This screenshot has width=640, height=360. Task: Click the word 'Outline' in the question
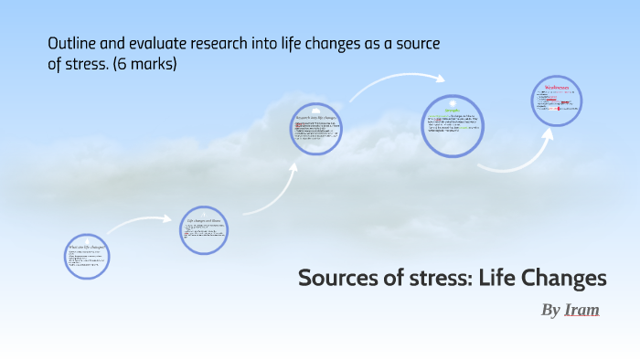coord(69,44)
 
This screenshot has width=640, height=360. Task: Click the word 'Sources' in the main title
coord(336,279)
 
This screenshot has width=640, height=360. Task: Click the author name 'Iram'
coord(581,310)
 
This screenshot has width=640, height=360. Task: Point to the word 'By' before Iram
coord(550,311)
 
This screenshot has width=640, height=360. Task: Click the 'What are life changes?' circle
coord(88,255)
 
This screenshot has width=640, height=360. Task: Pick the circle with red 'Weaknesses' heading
coord(558,103)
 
